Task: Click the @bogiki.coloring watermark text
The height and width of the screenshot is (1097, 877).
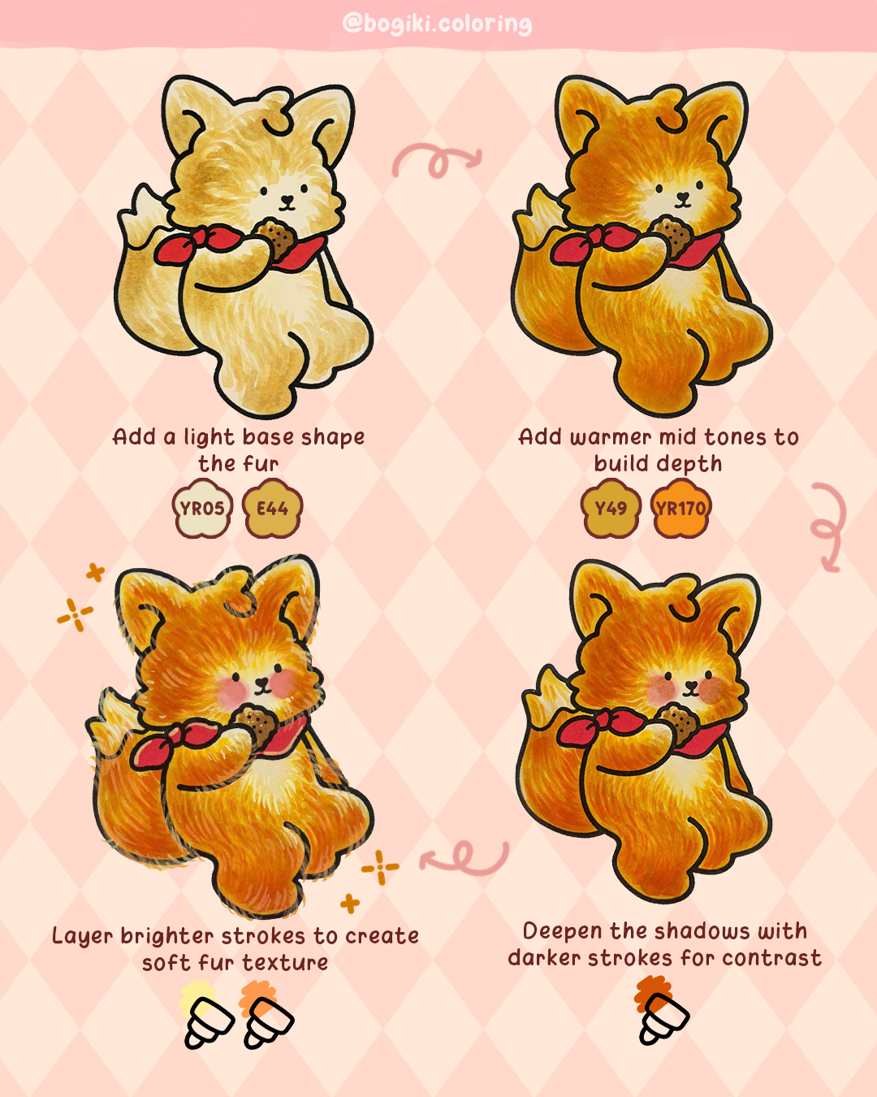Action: point(437,23)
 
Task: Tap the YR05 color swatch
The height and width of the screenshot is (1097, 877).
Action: point(202,509)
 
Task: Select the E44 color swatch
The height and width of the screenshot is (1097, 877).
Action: point(272,509)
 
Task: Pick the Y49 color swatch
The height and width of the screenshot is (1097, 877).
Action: point(611,509)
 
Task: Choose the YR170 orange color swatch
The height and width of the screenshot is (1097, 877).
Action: point(680,509)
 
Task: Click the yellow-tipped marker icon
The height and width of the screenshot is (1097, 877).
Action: point(206,1016)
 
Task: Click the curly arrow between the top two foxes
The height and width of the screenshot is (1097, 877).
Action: point(437,160)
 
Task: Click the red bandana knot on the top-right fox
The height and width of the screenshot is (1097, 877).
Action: point(598,237)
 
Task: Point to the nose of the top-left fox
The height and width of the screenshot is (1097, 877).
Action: point(287,197)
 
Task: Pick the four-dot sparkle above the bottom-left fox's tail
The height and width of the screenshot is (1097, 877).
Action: point(75,614)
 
